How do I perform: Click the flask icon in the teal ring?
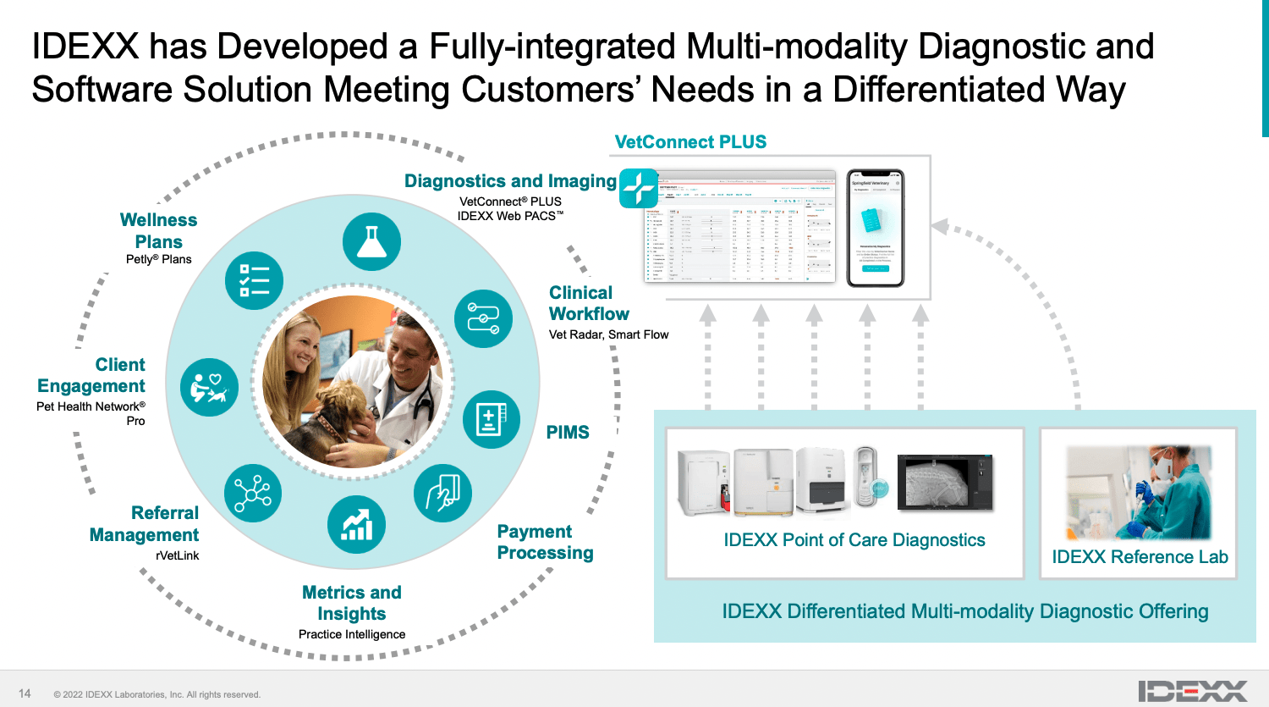point(371,242)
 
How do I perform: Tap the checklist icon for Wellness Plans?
point(254,280)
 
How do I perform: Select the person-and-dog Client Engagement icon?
point(209,387)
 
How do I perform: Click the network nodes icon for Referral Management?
point(253,493)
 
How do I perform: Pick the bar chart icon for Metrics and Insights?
point(356,525)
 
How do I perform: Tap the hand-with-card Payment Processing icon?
point(442,493)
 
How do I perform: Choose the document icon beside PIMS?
point(492,419)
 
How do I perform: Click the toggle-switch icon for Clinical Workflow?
point(483,318)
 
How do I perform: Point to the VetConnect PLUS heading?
point(690,142)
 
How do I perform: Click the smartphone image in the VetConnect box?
point(875,227)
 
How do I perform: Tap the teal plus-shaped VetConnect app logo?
point(640,187)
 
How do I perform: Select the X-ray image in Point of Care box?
point(944,482)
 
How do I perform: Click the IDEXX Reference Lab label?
point(1140,557)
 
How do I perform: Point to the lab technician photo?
point(1139,493)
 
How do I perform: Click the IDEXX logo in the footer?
point(1192,691)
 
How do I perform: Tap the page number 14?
point(25,693)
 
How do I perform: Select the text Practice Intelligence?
point(352,634)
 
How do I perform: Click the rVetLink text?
point(178,555)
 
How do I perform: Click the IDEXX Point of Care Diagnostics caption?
point(854,540)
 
